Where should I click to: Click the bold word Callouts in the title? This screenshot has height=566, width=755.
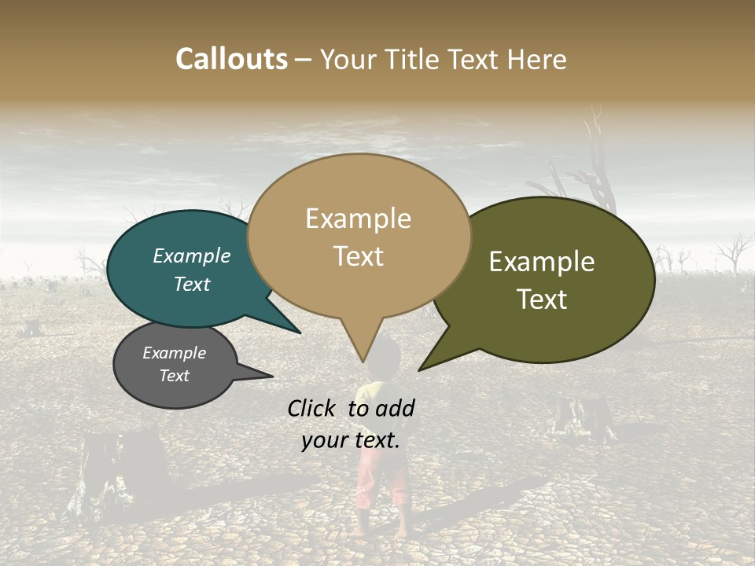231,59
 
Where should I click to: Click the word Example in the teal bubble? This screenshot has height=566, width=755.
191,256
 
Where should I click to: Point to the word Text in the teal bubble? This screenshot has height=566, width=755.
191,284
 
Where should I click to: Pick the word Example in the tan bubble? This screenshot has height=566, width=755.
358,219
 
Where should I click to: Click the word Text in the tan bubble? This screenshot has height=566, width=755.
358,256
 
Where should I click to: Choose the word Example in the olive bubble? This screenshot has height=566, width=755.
542,262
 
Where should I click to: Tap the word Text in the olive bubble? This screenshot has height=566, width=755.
542,300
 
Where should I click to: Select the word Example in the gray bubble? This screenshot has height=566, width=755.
174,353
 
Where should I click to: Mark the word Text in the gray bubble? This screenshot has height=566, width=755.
174,376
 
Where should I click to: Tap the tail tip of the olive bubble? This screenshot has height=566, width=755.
420,369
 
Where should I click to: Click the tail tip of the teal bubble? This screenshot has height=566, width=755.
299,333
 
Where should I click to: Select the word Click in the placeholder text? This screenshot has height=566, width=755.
314,408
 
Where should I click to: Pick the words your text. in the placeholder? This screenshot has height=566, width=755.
351,440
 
